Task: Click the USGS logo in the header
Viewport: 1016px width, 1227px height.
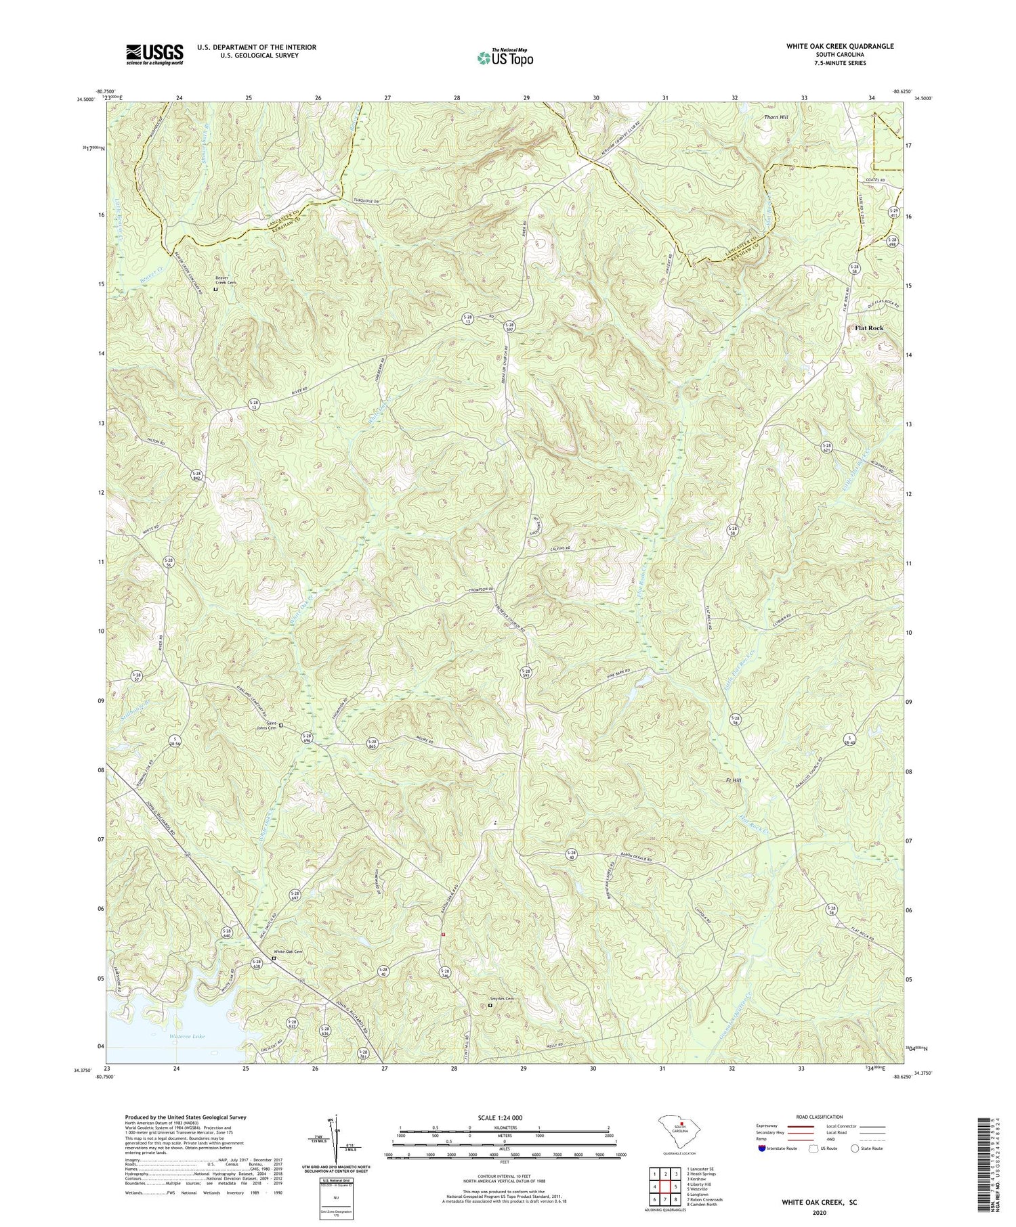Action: point(154,53)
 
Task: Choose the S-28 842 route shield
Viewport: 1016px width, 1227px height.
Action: point(196,475)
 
